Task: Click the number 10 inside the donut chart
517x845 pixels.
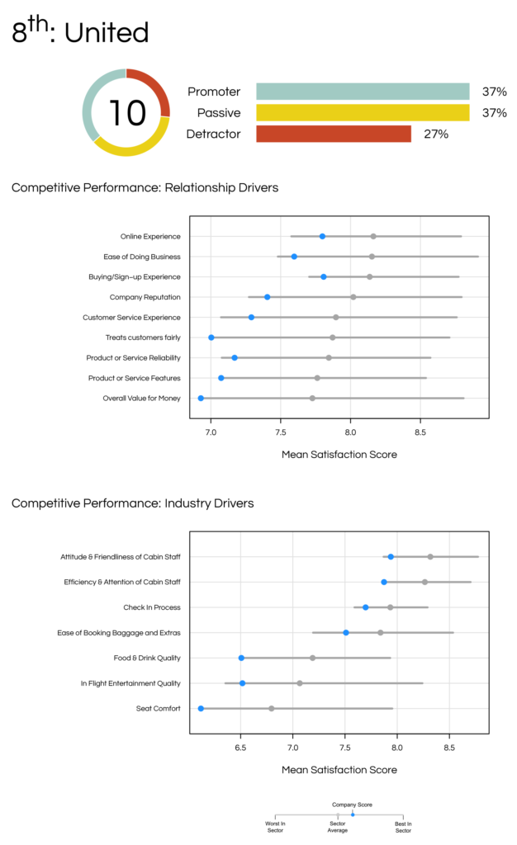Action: pos(126,113)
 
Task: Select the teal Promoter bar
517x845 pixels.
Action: pos(363,92)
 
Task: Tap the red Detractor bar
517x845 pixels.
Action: pos(333,134)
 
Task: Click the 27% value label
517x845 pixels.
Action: pos(436,134)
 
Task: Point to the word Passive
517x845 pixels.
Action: pos(219,113)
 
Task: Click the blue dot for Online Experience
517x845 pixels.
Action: pos(322,237)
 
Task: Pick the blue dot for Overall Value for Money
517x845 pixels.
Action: pos(201,398)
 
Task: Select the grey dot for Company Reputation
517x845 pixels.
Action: pos(353,297)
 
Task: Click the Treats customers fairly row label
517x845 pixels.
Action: pos(143,338)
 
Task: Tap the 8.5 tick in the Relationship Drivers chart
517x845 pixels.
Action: pos(420,431)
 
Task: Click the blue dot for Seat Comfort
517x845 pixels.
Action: pos(201,708)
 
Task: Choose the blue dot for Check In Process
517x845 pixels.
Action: pos(366,607)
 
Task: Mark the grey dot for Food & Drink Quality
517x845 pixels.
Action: pos(313,658)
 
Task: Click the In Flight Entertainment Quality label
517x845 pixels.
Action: pos(130,683)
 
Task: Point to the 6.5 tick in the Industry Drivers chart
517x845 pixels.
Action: pos(240,747)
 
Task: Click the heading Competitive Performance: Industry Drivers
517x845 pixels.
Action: pos(133,503)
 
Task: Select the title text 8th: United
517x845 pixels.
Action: pos(80,33)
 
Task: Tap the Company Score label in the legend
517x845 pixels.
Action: pos(352,804)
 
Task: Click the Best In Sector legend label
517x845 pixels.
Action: pos(403,827)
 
